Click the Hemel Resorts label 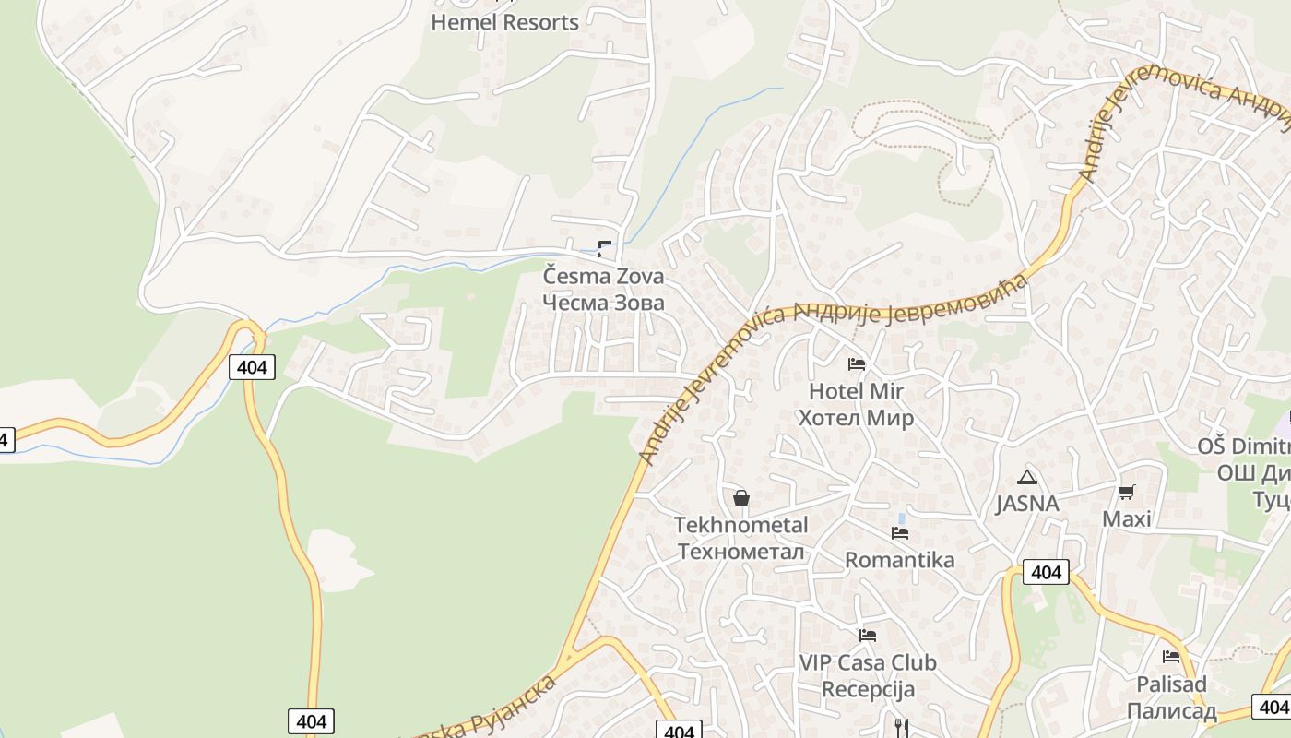click(504, 22)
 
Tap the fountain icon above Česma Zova click(604, 248)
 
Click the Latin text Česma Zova click(603, 276)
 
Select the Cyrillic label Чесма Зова click(603, 303)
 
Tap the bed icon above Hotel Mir click(856, 364)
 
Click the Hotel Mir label click(856, 391)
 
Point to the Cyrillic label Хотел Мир click(856, 418)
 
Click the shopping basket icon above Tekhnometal click(740, 499)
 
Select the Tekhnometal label click(740, 525)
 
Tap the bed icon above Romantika click(900, 533)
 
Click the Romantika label click(900, 560)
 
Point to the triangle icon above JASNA click(1026, 478)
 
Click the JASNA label click(1026, 505)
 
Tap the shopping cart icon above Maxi click(1126, 492)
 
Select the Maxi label click(1126, 519)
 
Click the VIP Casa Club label click(867, 662)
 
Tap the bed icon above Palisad click(1171, 657)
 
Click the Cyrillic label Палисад click(1171, 711)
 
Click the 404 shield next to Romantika click(1046, 572)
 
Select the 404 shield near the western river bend click(251, 367)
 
